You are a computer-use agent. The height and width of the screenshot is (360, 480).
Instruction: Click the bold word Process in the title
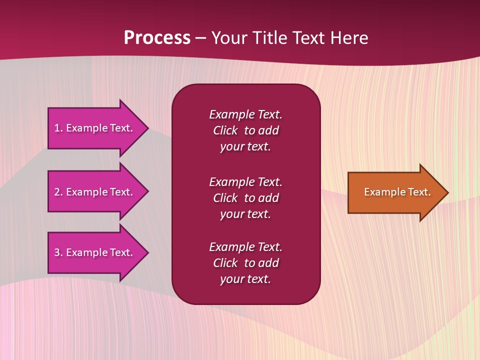point(157,38)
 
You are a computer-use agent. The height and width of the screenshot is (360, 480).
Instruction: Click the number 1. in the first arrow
point(58,128)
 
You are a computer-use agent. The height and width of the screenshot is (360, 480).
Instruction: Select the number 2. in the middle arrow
point(58,192)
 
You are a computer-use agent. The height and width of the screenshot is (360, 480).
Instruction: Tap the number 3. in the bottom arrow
point(58,252)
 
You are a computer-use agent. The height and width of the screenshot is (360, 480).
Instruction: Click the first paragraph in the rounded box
point(245,130)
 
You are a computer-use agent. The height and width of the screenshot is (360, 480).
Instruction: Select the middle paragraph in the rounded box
point(245,197)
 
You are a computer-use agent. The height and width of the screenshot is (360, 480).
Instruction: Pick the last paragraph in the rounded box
point(245,263)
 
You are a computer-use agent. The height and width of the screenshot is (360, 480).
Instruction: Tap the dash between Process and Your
point(201,38)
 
